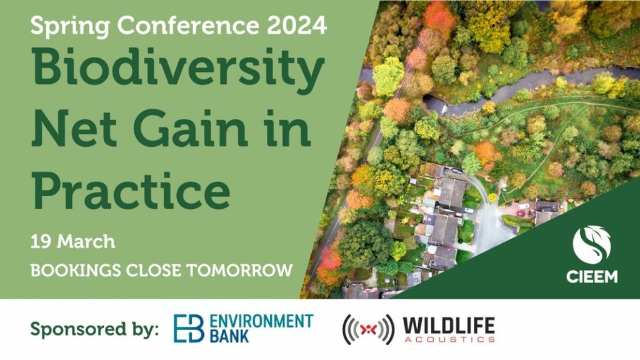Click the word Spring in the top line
[70, 26]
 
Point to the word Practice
[131, 188]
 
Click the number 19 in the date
[41, 242]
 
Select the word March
[86, 242]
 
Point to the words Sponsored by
[94, 329]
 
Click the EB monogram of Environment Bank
[189, 328]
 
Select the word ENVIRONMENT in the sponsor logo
[261, 321]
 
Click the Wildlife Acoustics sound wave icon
[369, 329]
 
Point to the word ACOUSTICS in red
[449, 339]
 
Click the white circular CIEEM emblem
[592, 246]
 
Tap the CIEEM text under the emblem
[592, 277]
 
